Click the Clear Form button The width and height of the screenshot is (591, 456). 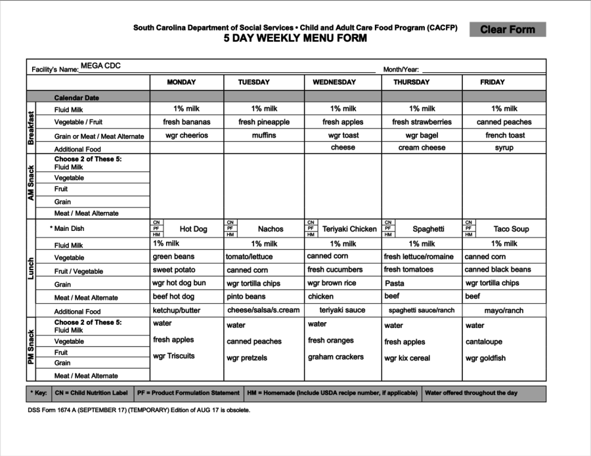(508, 30)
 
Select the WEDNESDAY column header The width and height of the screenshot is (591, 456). (334, 83)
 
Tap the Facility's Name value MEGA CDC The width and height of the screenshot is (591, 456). (100, 66)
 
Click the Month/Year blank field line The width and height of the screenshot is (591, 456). (483, 70)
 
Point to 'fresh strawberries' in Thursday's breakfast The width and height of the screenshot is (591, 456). (422, 122)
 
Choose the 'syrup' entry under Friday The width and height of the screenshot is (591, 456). (504, 148)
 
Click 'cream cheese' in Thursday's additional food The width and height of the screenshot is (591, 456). (422, 148)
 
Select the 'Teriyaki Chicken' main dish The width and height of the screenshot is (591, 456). (349, 229)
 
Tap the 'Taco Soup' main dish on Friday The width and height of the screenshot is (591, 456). (511, 229)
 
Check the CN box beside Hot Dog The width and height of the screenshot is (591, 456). (156, 222)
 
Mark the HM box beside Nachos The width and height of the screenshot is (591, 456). (230, 234)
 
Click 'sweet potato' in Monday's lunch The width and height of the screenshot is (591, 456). (174, 270)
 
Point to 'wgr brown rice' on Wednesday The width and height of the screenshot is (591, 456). (332, 283)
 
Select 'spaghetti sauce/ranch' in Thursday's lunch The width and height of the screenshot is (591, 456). (421, 310)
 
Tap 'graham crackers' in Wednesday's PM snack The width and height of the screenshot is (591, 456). (336, 358)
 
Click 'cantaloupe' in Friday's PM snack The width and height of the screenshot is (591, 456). (485, 342)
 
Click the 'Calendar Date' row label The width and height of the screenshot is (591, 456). (77, 98)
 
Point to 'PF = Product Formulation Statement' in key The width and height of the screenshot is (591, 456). (188, 394)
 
